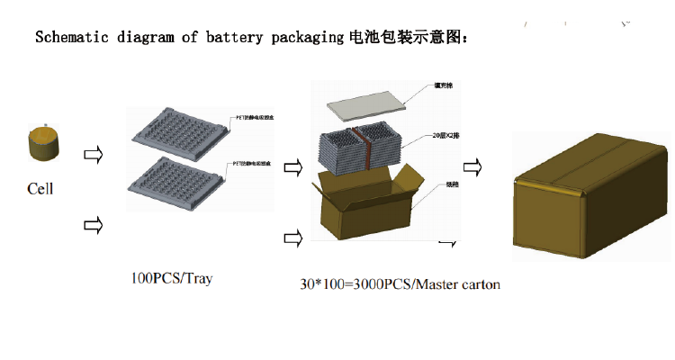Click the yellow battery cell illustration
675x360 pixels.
[x=43, y=145]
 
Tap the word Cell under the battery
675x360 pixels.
[x=40, y=189]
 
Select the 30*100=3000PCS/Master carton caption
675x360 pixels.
[x=400, y=284]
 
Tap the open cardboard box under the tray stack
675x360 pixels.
[x=365, y=202]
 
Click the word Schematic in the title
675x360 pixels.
[x=69, y=38]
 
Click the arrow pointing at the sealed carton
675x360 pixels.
[x=472, y=166]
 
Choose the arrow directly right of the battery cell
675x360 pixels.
[x=92, y=154]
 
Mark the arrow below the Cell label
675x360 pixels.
[x=92, y=226]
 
